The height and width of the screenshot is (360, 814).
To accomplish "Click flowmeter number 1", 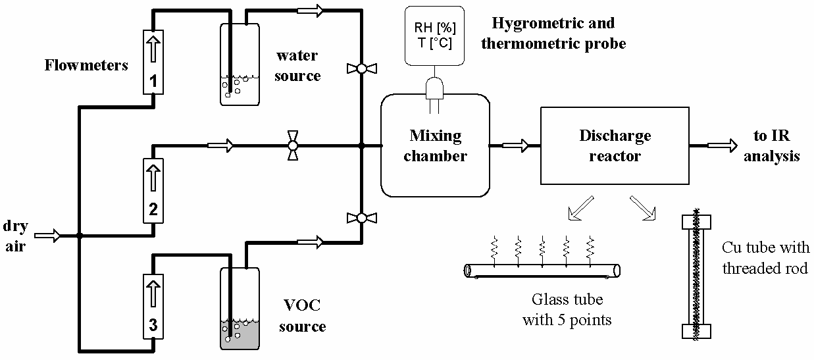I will [153, 62].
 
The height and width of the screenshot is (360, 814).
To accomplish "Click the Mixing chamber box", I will [435, 145].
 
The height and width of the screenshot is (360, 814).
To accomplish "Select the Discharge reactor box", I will [615, 145].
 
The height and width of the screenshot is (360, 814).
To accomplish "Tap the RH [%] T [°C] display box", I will [435, 37].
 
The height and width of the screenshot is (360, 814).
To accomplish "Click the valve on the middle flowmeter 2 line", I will [293, 145].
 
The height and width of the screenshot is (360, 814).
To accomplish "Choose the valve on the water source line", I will [361, 68].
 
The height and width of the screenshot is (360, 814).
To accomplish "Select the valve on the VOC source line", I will [361, 218].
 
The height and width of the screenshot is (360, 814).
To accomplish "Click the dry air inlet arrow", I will [48, 234].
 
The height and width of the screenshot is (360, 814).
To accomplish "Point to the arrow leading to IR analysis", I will [723, 145].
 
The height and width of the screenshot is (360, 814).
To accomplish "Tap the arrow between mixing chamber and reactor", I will [515, 145].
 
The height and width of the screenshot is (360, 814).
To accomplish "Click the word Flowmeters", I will [86, 65].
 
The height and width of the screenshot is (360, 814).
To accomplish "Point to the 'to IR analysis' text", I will [776, 146].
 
